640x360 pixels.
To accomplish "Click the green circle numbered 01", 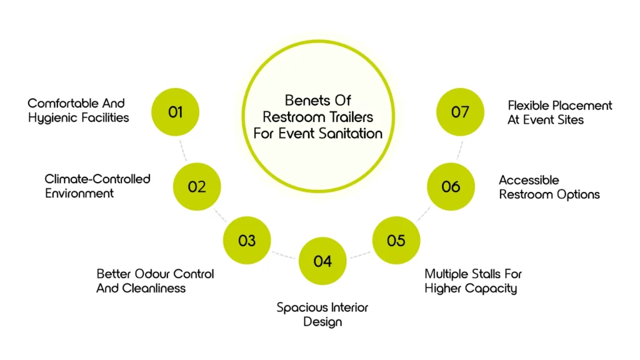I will tap(176, 112).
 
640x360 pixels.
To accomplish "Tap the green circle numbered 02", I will tap(197, 186).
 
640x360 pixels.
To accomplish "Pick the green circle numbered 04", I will tap(322, 261).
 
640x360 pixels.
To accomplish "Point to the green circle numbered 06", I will tap(451, 186).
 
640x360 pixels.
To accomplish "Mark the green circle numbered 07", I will tap(460, 112).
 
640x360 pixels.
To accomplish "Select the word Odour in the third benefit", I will tap(147, 274).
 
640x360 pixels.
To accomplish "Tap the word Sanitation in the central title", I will tap(354, 134).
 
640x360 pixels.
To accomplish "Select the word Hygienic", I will tap(54, 117).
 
